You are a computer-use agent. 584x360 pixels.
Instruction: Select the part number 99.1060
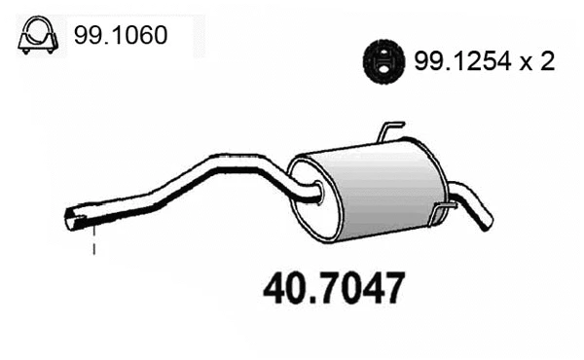pos(119,36)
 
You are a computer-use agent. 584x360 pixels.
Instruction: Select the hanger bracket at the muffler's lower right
pos(443,208)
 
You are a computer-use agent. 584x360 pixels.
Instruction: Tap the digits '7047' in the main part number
pos(359,289)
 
